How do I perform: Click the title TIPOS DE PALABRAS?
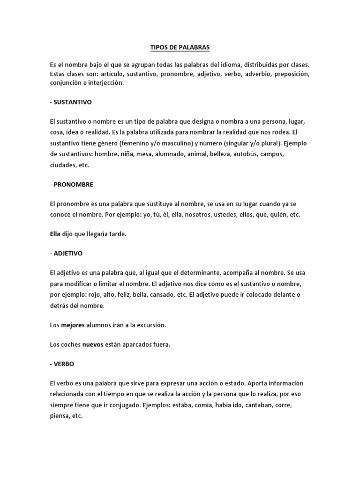pos(180,47)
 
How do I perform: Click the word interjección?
pos(106,82)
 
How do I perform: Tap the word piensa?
pos(58,415)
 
